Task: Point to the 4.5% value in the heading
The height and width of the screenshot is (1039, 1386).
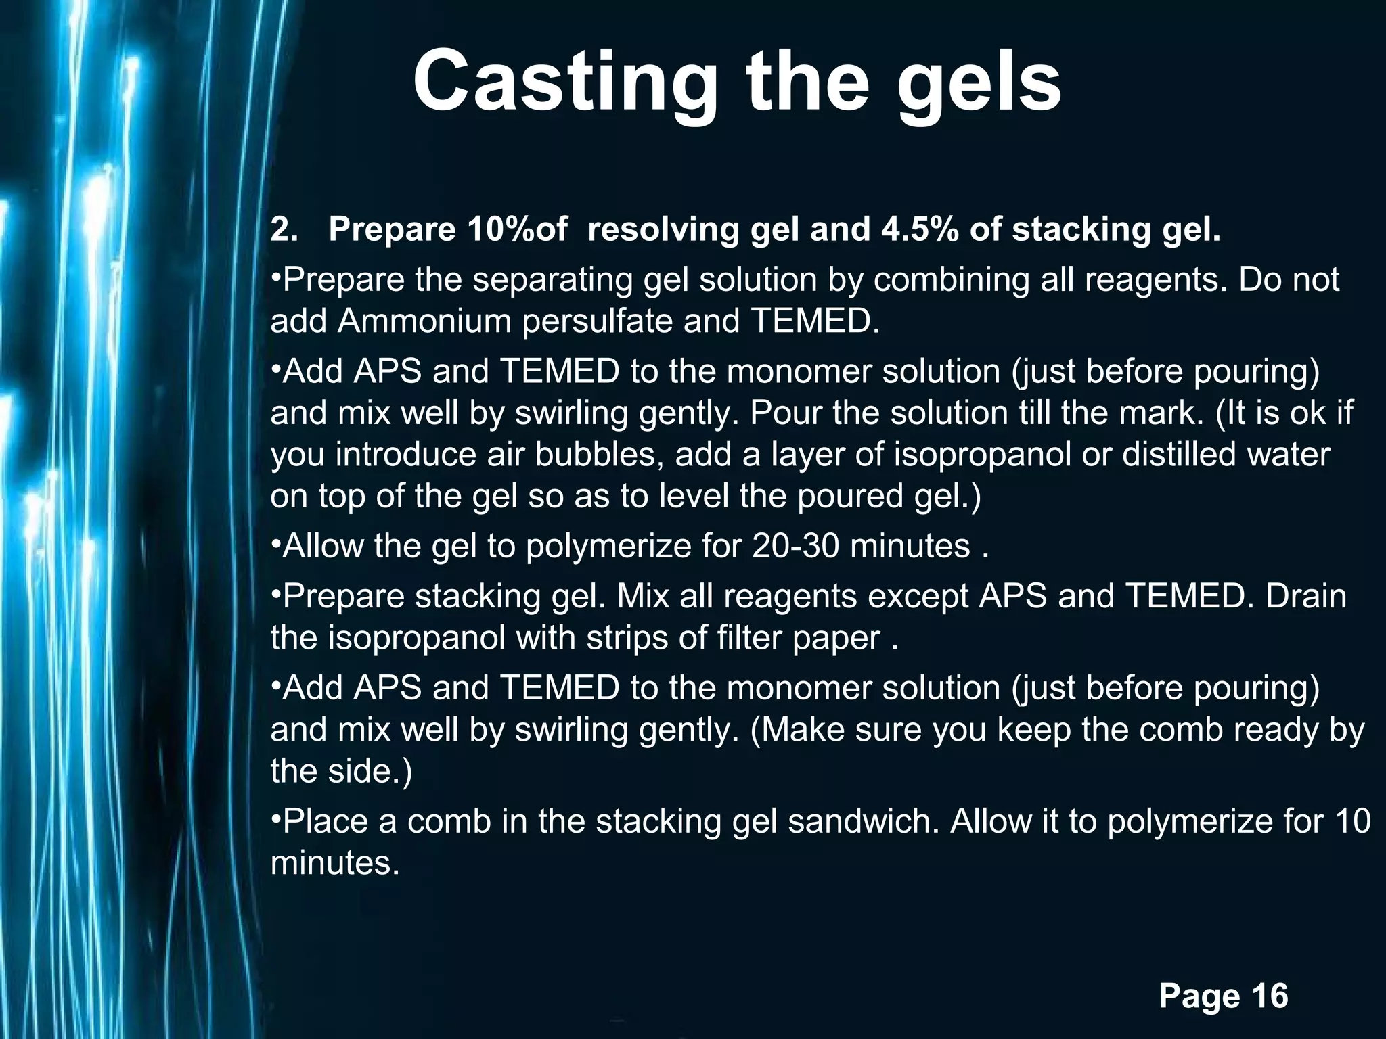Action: [x=919, y=230]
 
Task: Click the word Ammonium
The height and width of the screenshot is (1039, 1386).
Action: [x=429, y=321]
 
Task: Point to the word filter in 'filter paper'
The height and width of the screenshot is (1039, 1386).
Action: [x=741, y=637]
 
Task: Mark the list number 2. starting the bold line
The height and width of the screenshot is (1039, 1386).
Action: [x=284, y=230]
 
